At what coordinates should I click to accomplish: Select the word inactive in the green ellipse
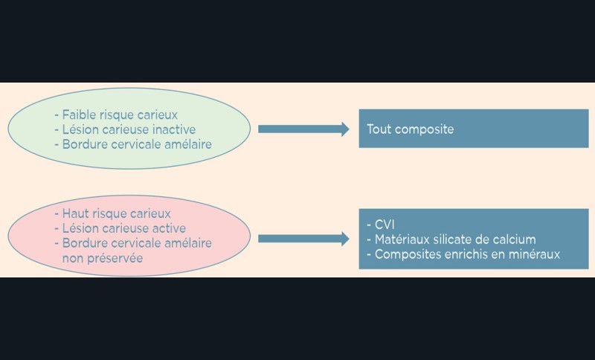pos(174,129)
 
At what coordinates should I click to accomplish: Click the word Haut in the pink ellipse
pos(76,213)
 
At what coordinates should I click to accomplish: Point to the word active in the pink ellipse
pos(169,228)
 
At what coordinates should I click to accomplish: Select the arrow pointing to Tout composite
pos(303,129)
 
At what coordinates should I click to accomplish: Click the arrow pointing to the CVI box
pos(303,239)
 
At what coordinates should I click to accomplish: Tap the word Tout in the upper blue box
pos(379,129)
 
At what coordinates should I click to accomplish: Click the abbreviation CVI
pos(386,224)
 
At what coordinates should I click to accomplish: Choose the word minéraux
pos(534,254)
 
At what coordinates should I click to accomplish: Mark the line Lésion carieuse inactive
pos(125,129)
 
